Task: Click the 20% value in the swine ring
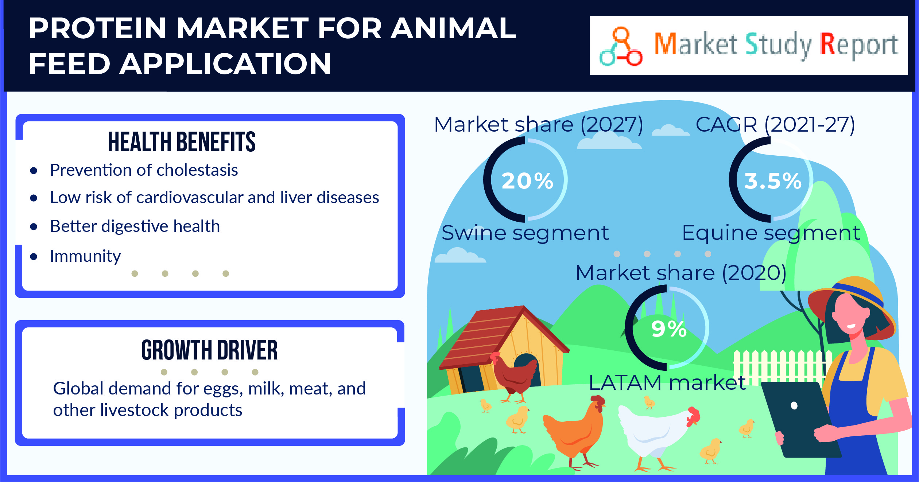[527, 181]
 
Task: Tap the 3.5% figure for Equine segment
[773, 181]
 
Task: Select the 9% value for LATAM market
[669, 329]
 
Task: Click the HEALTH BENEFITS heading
[182, 142]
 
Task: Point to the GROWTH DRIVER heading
[209, 350]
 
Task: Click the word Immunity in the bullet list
[85, 256]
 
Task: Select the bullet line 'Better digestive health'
[135, 226]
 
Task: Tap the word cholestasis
[197, 170]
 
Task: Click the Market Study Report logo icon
[621, 47]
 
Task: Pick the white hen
[653, 432]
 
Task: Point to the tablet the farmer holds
[799, 419]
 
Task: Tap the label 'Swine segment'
[525, 233]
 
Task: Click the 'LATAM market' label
[667, 383]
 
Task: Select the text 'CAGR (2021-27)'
[775, 125]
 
